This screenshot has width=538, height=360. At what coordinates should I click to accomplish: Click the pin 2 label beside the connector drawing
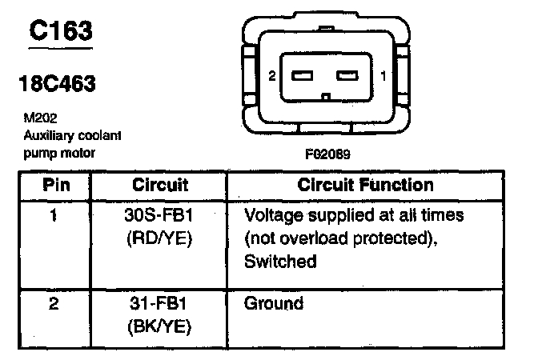272,77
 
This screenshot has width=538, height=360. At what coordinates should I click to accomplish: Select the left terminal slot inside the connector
303,77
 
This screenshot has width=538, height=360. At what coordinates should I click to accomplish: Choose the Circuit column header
160,186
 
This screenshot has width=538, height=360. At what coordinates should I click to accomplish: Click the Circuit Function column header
365,186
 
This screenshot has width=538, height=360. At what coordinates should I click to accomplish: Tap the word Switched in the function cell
280,260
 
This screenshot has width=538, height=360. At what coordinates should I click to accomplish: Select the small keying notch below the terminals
325,98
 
